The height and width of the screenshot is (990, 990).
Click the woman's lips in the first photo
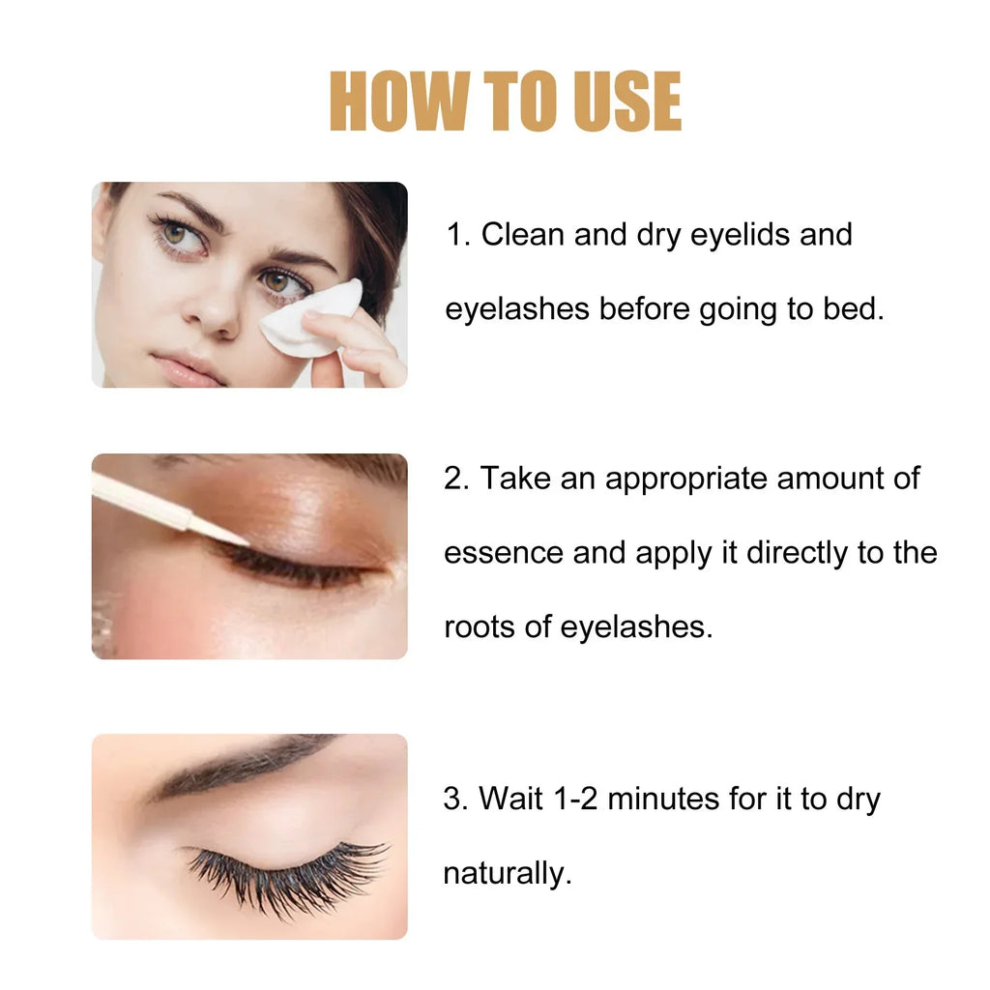pos(189,367)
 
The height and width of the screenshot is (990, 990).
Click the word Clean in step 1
pos(523,235)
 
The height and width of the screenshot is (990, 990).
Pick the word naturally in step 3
pos(507,874)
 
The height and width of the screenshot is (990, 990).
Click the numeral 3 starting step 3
pos(452,800)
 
